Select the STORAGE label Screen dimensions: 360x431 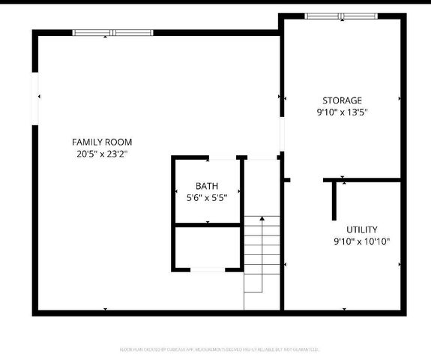(342, 100)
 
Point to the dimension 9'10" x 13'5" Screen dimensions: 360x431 (342, 112)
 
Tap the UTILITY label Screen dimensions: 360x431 (361, 229)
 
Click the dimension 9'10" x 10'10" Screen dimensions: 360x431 (361, 241)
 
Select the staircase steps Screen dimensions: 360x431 (262, 255)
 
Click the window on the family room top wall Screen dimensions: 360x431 (112, 32)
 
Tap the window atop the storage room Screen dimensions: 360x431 (342, 16)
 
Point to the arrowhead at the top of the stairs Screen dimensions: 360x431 (262, 217)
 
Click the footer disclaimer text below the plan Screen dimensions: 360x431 (219, 349)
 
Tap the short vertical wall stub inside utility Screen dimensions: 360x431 (334, 199)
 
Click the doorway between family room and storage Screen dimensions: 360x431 (282, 135)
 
